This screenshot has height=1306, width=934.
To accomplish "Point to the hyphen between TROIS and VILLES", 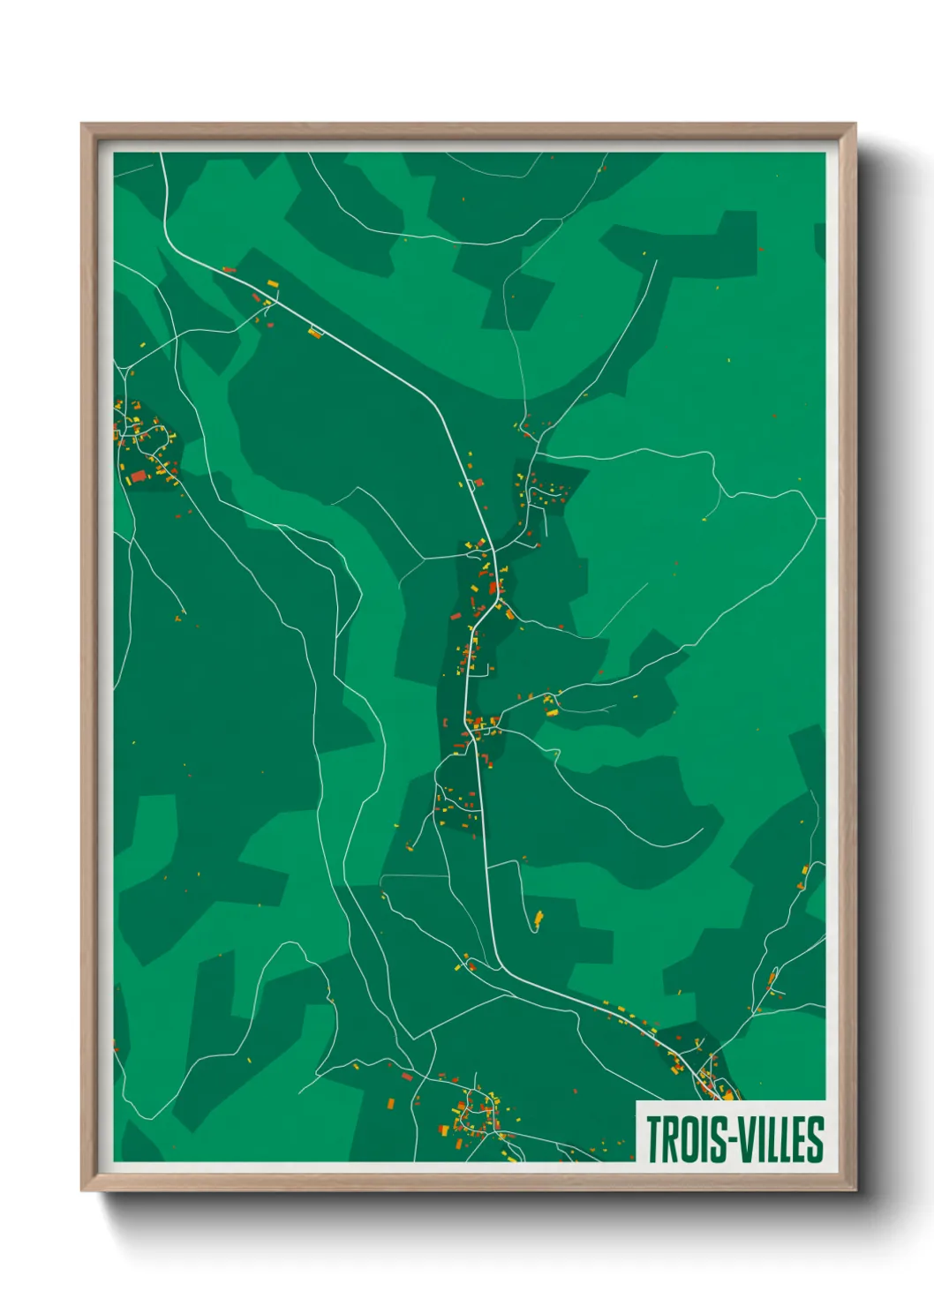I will (729, 1140).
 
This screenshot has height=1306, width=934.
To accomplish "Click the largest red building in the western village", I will (139, 477).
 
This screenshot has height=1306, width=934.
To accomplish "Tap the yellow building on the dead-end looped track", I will (539, 919).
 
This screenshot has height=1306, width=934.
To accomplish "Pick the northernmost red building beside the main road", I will (228, 269).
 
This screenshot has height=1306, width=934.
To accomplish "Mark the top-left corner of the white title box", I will (637, 1102).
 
